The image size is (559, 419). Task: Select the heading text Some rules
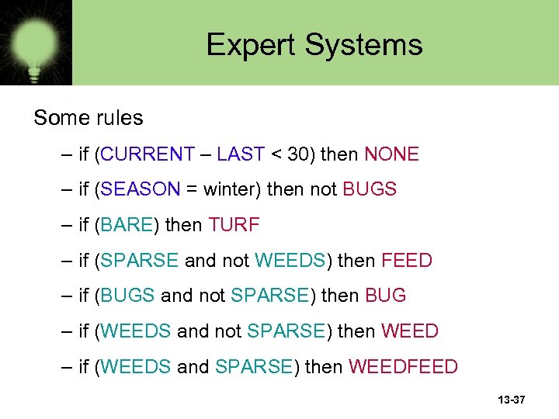click(x=89, y=118)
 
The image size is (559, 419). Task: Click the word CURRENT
click(x=148, y=154)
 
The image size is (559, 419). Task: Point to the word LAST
click(x=241, y=154)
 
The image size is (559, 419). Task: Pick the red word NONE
click(x=391, y=154)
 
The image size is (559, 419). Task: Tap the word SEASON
click(x=140, y=189)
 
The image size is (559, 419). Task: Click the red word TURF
click(x=234, y=225)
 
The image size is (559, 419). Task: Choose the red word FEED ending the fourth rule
click(x=406, y=261)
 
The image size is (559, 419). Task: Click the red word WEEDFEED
click(x=403, y=366)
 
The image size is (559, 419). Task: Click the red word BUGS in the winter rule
click(x=370, y=189)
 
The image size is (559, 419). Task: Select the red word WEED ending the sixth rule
click(x=409, y=331)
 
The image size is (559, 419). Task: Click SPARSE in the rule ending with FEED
click(x=140, y=261)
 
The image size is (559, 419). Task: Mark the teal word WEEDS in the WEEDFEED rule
click(x=136, y=366)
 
